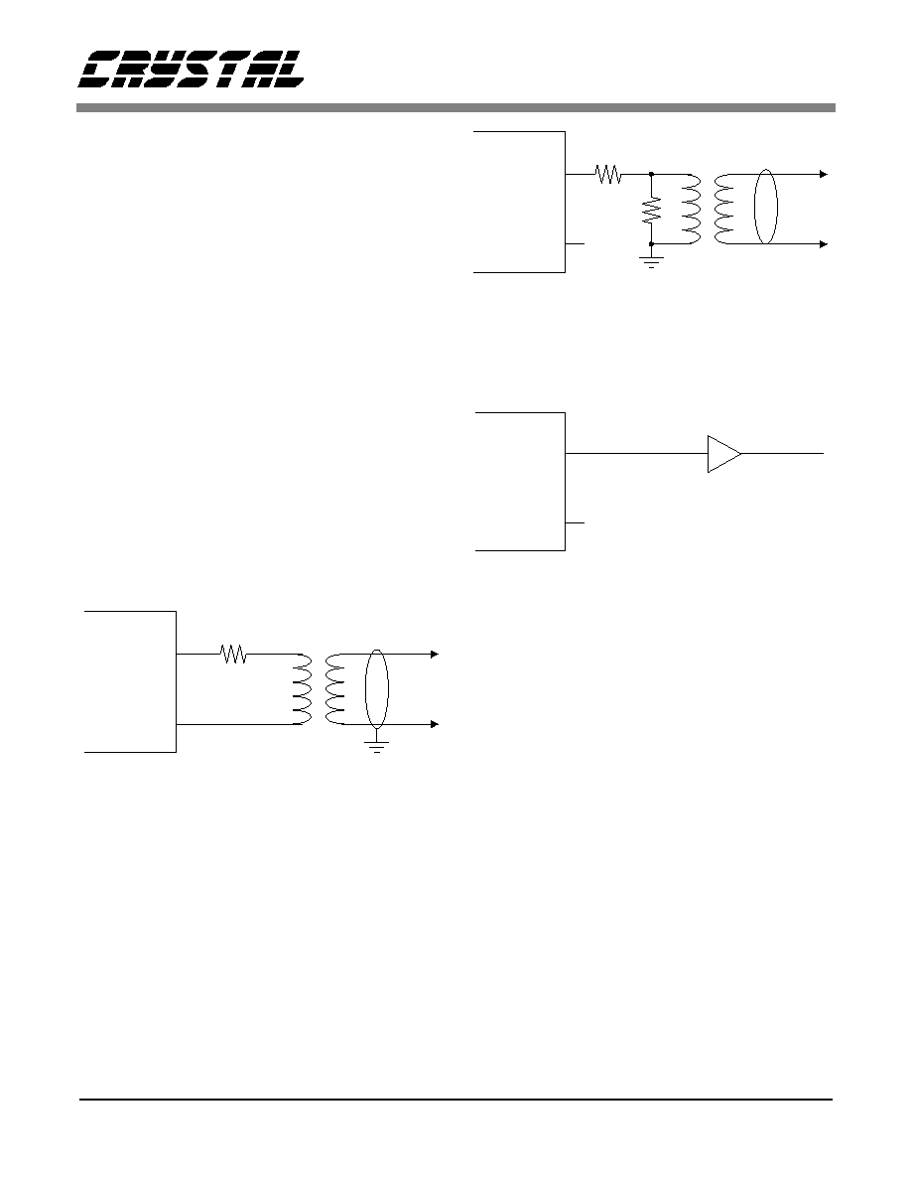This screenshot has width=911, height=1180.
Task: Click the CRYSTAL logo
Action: (x=192, y=70)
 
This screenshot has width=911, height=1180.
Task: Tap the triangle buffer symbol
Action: (x=723, y=454)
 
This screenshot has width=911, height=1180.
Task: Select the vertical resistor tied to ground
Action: (x=651, y=210)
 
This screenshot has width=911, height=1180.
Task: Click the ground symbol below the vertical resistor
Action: (x=651, y=262)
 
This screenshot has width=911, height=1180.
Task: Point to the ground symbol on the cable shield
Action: (x=376, y=746)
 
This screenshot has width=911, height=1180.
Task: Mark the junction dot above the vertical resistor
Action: (x=651, y=174)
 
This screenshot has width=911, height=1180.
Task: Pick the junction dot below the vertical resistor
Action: (x=651, y=243)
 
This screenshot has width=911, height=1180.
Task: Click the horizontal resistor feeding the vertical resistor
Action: (x=608, y=174)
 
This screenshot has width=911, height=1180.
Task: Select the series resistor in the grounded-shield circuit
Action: (x=234, y=654)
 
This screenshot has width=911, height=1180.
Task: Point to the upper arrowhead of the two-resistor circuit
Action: (x=824, y=174)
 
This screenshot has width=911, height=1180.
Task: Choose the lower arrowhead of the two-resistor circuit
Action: (x=824, y=243)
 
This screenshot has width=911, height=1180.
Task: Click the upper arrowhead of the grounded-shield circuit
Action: (x=435, y=654)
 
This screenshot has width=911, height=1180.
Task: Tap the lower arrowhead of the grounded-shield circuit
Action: (x=435, y=724)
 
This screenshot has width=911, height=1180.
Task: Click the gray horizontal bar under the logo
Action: (x=455, y=107)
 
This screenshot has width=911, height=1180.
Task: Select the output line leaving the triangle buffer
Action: (x=782, y=454)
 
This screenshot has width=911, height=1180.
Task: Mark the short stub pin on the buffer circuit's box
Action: (x=575, y=523)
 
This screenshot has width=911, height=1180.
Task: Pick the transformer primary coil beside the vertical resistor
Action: (x=692, y=210)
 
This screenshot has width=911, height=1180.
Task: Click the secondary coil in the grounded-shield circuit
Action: (x=335, y=689)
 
